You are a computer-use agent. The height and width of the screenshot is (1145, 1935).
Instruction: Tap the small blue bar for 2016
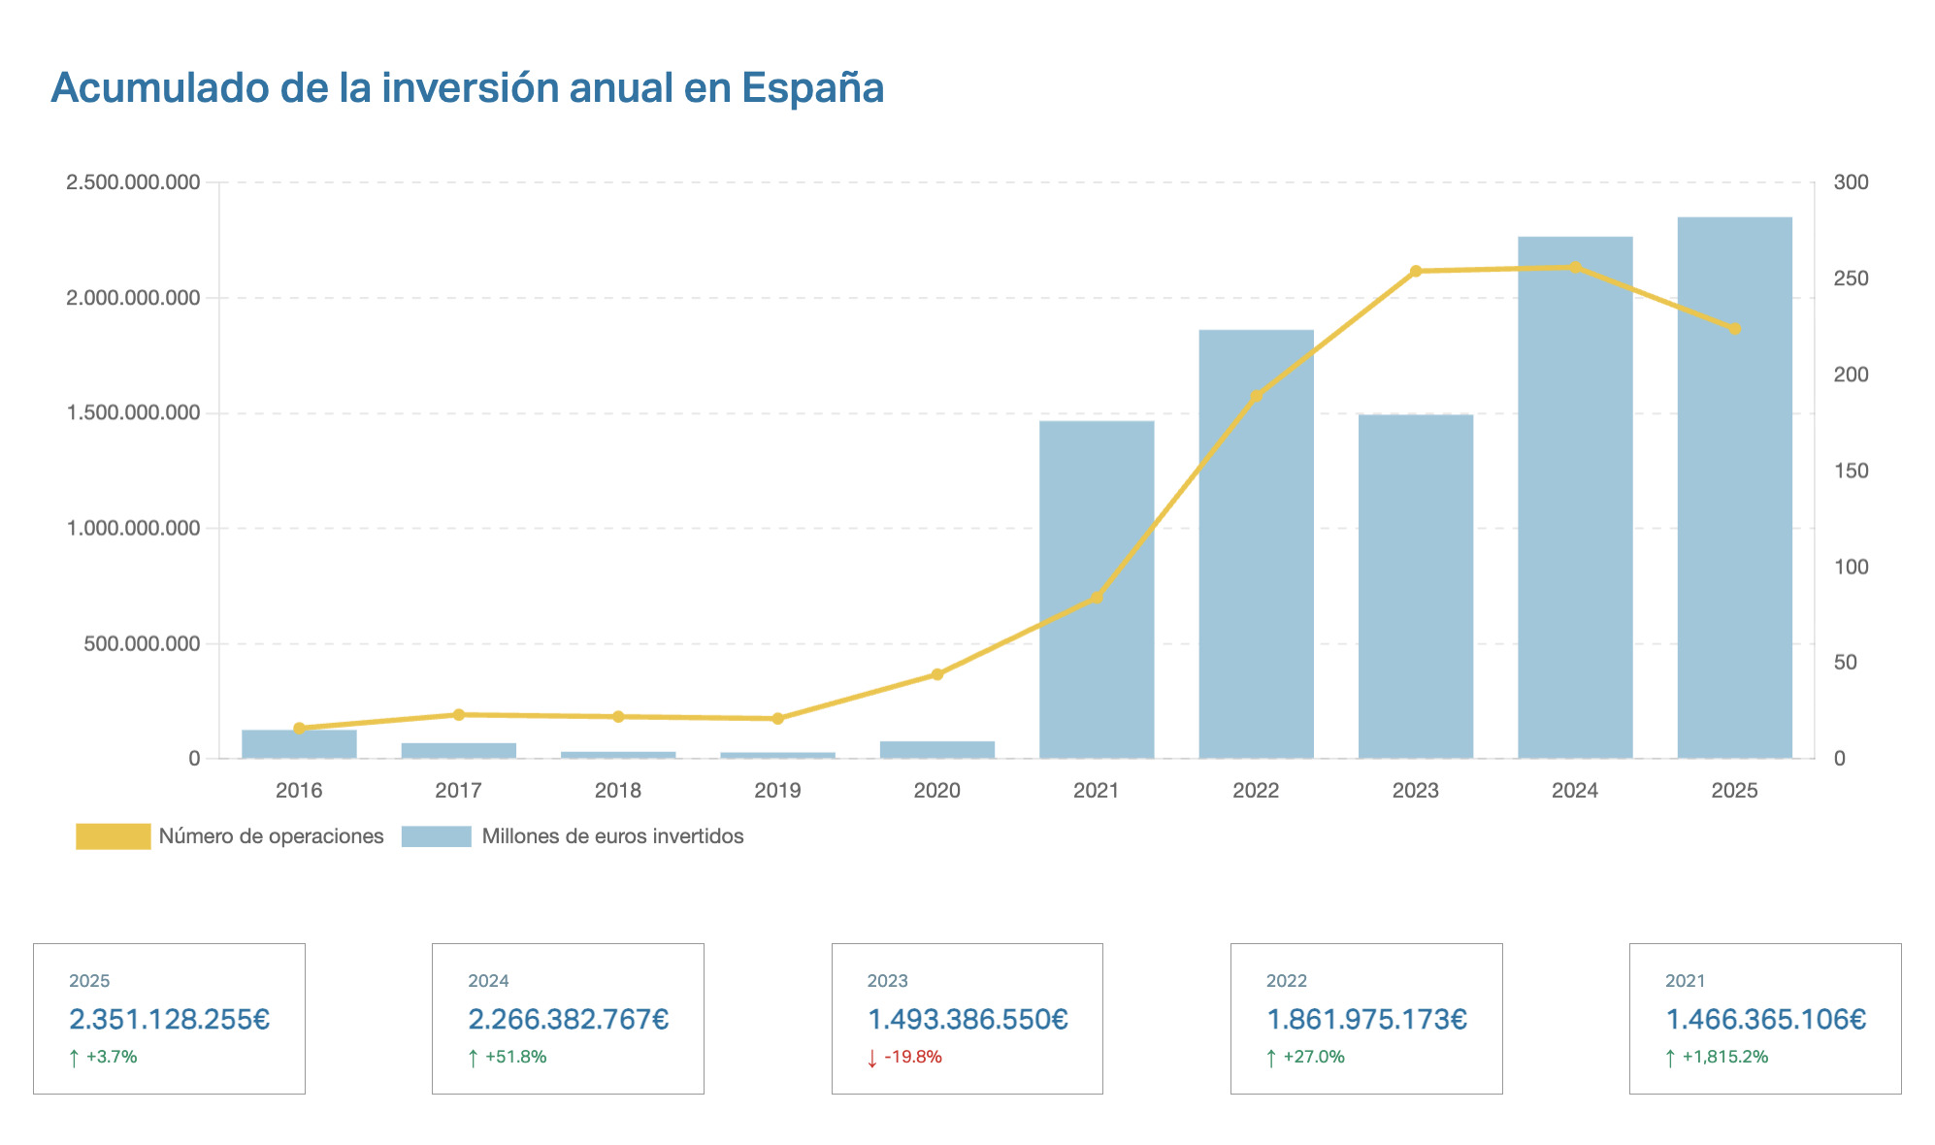point(299,745)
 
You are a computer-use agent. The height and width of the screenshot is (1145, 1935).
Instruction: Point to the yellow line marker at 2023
point(1415,271)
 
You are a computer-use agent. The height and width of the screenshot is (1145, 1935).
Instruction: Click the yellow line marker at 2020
point(937,674)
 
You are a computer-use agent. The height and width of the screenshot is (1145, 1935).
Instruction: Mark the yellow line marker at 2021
point(1097,598)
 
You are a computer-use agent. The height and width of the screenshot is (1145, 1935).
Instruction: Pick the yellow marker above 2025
point(1735,329)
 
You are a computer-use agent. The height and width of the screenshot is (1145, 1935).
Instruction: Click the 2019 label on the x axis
point(777,791)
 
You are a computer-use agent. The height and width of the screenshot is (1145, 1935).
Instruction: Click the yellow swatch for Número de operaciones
point(114,836)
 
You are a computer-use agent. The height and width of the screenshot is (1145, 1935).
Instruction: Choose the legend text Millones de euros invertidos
point(612,836)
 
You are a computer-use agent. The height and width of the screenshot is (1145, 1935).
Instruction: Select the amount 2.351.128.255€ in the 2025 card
point(169,1020)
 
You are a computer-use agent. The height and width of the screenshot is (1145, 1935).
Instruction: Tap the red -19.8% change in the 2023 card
point(912,1057)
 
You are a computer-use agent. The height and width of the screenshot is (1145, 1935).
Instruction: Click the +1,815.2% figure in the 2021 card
point(1724,1057)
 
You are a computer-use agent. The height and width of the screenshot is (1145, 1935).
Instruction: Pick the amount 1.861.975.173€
point(1366,1020)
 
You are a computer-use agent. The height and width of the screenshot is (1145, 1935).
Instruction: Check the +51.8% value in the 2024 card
point(515,1057)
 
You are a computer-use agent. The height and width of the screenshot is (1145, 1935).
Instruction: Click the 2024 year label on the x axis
point(1574,791)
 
